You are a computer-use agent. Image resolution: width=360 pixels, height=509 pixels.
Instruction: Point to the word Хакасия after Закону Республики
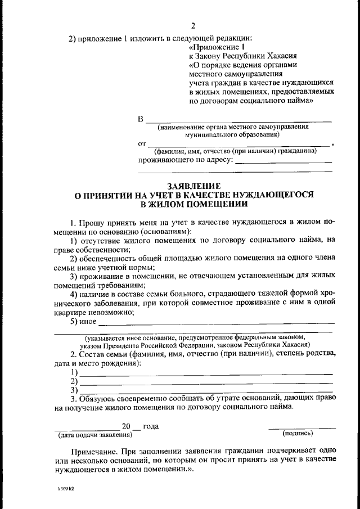[288, 56]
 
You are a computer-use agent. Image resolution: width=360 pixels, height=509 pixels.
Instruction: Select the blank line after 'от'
[238, 145]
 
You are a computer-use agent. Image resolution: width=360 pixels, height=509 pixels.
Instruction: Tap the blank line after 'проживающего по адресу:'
[283, 162]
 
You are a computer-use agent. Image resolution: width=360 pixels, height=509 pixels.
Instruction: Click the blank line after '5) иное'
[216, 323]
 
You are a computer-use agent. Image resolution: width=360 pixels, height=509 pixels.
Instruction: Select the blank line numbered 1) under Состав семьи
[206, 373]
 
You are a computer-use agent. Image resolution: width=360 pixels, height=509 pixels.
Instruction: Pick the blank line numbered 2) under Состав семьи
[206, 382]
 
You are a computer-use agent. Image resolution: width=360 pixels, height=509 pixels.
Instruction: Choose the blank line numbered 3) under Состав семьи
[206, 391]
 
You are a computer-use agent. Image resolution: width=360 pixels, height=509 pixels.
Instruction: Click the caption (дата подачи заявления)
[95, 435]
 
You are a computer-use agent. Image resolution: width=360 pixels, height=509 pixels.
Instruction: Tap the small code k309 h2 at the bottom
[66, 489]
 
